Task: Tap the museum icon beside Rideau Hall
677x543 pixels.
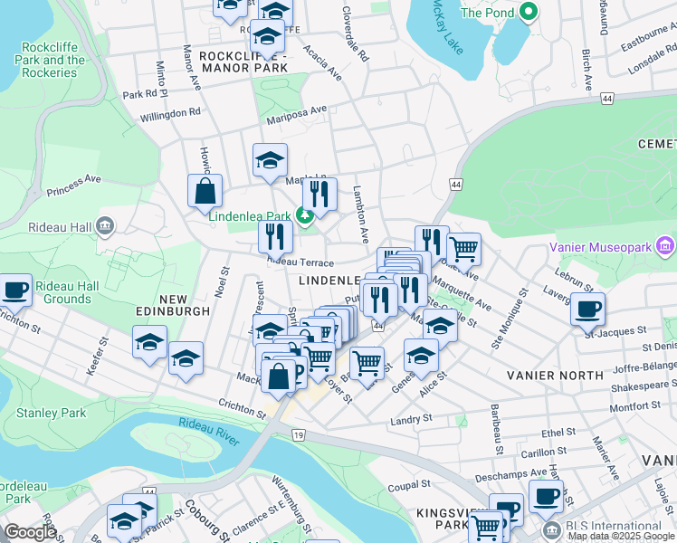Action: tap(105, 225)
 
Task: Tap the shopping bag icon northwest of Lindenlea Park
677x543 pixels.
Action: tap(205, 192)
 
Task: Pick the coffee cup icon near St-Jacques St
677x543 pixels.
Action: tap(587, 310)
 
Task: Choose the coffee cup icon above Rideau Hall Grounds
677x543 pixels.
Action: tap(15, 291)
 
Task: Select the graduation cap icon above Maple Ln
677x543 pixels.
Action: tap(270, 161)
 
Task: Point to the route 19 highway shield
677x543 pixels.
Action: tap(298, 435)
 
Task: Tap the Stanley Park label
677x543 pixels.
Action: tap(51, 414)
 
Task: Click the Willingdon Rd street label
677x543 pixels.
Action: tap(170, 114)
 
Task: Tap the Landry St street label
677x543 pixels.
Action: tap(411, 419)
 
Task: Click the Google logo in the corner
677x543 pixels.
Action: tap(30, 532)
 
